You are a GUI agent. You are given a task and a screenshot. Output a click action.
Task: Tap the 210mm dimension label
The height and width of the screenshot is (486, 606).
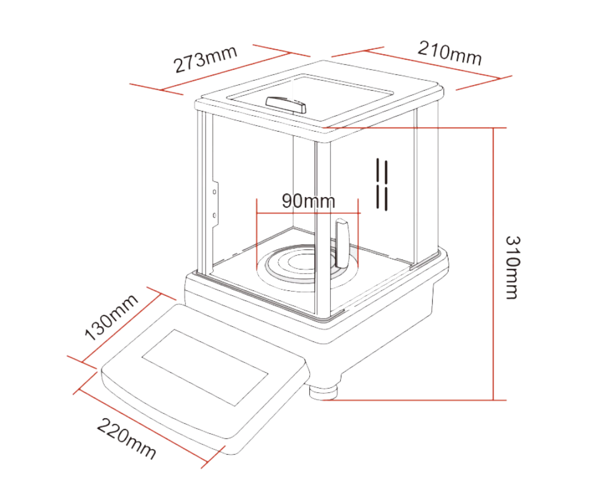(449, 53)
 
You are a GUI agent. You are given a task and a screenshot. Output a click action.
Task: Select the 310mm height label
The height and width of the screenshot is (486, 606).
(512, 267)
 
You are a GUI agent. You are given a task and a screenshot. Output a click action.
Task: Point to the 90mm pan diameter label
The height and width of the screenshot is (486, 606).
(308, 201)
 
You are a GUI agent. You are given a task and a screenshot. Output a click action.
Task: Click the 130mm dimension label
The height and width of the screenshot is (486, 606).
(111, 317)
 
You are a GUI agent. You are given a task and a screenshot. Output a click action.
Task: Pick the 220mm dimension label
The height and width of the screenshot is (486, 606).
(126, 438)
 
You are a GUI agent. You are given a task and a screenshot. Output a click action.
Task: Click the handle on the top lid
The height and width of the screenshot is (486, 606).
(286, 105)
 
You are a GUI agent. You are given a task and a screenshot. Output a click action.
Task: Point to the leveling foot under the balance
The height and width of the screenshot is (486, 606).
(323, 391)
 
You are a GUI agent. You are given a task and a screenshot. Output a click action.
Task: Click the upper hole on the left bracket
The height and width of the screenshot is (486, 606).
(214, 192)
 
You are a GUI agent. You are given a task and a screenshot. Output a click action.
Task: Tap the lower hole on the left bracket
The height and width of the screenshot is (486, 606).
(214, 216)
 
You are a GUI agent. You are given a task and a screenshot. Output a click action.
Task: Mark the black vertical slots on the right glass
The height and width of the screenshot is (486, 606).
(382, 184)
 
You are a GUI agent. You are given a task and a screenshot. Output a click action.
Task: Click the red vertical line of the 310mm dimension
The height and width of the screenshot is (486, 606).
(493, 261)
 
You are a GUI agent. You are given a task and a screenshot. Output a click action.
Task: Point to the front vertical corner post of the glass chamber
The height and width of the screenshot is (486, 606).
(322, 226)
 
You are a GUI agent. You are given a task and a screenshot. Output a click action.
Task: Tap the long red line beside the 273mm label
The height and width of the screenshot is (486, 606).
(226, 71)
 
